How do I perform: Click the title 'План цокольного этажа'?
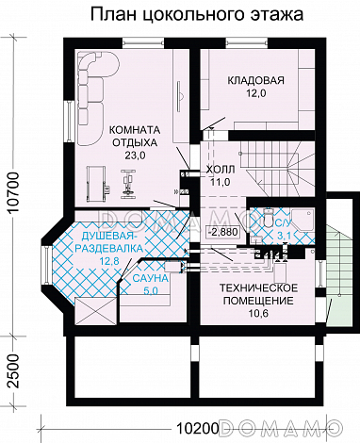pos(197,15)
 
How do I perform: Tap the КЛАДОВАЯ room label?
pos(255,80)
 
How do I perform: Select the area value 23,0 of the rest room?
pos(134,155)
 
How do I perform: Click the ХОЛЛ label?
pos(221,170)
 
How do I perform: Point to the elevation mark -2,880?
pos(222,233)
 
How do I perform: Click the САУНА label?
pos(150,278)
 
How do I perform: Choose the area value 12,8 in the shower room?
pos(108,261)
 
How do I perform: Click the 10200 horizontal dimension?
pos(197,427)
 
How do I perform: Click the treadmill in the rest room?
pos(96,183)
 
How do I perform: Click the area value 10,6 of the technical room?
pos(258,314)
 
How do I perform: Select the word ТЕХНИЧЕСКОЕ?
pos(258,287)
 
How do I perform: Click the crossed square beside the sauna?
pos(96,311)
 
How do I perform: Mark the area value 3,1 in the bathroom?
pos(285,236)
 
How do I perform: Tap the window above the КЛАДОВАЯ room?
pos(246,42)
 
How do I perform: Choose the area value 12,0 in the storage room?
pos(255,93)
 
